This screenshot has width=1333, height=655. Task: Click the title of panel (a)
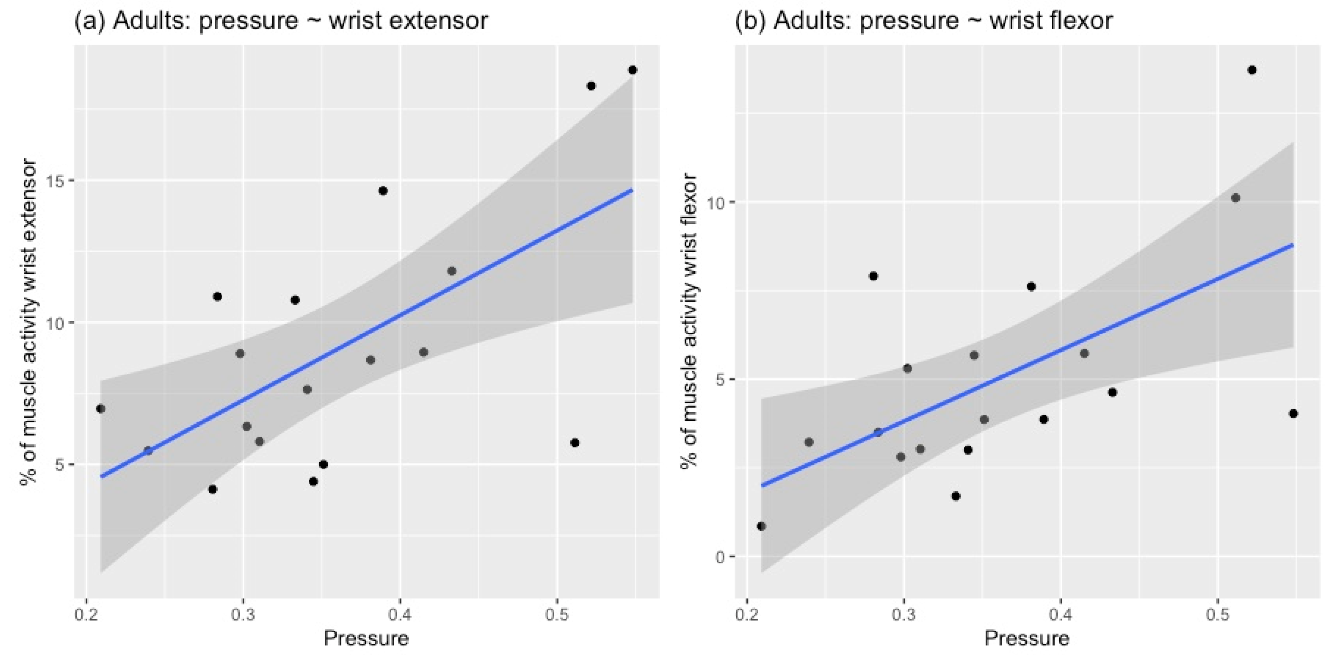tap(281, 21)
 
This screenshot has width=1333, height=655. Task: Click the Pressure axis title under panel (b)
tap(1027, 638)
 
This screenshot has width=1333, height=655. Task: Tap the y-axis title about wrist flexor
tap(689, 321)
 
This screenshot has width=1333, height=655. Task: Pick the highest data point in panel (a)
tap(632, 70)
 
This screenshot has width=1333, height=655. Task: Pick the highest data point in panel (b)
tap(1252, 70)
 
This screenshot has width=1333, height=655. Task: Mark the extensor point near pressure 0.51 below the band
tap(574, 443)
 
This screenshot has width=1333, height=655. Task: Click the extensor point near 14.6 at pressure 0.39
tap(383, 191)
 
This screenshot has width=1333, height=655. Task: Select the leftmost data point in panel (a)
tap(100, 409)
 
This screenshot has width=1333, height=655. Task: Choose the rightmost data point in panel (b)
tap(1293, 414)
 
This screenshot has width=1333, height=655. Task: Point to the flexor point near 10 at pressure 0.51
tap(1235, 198)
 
